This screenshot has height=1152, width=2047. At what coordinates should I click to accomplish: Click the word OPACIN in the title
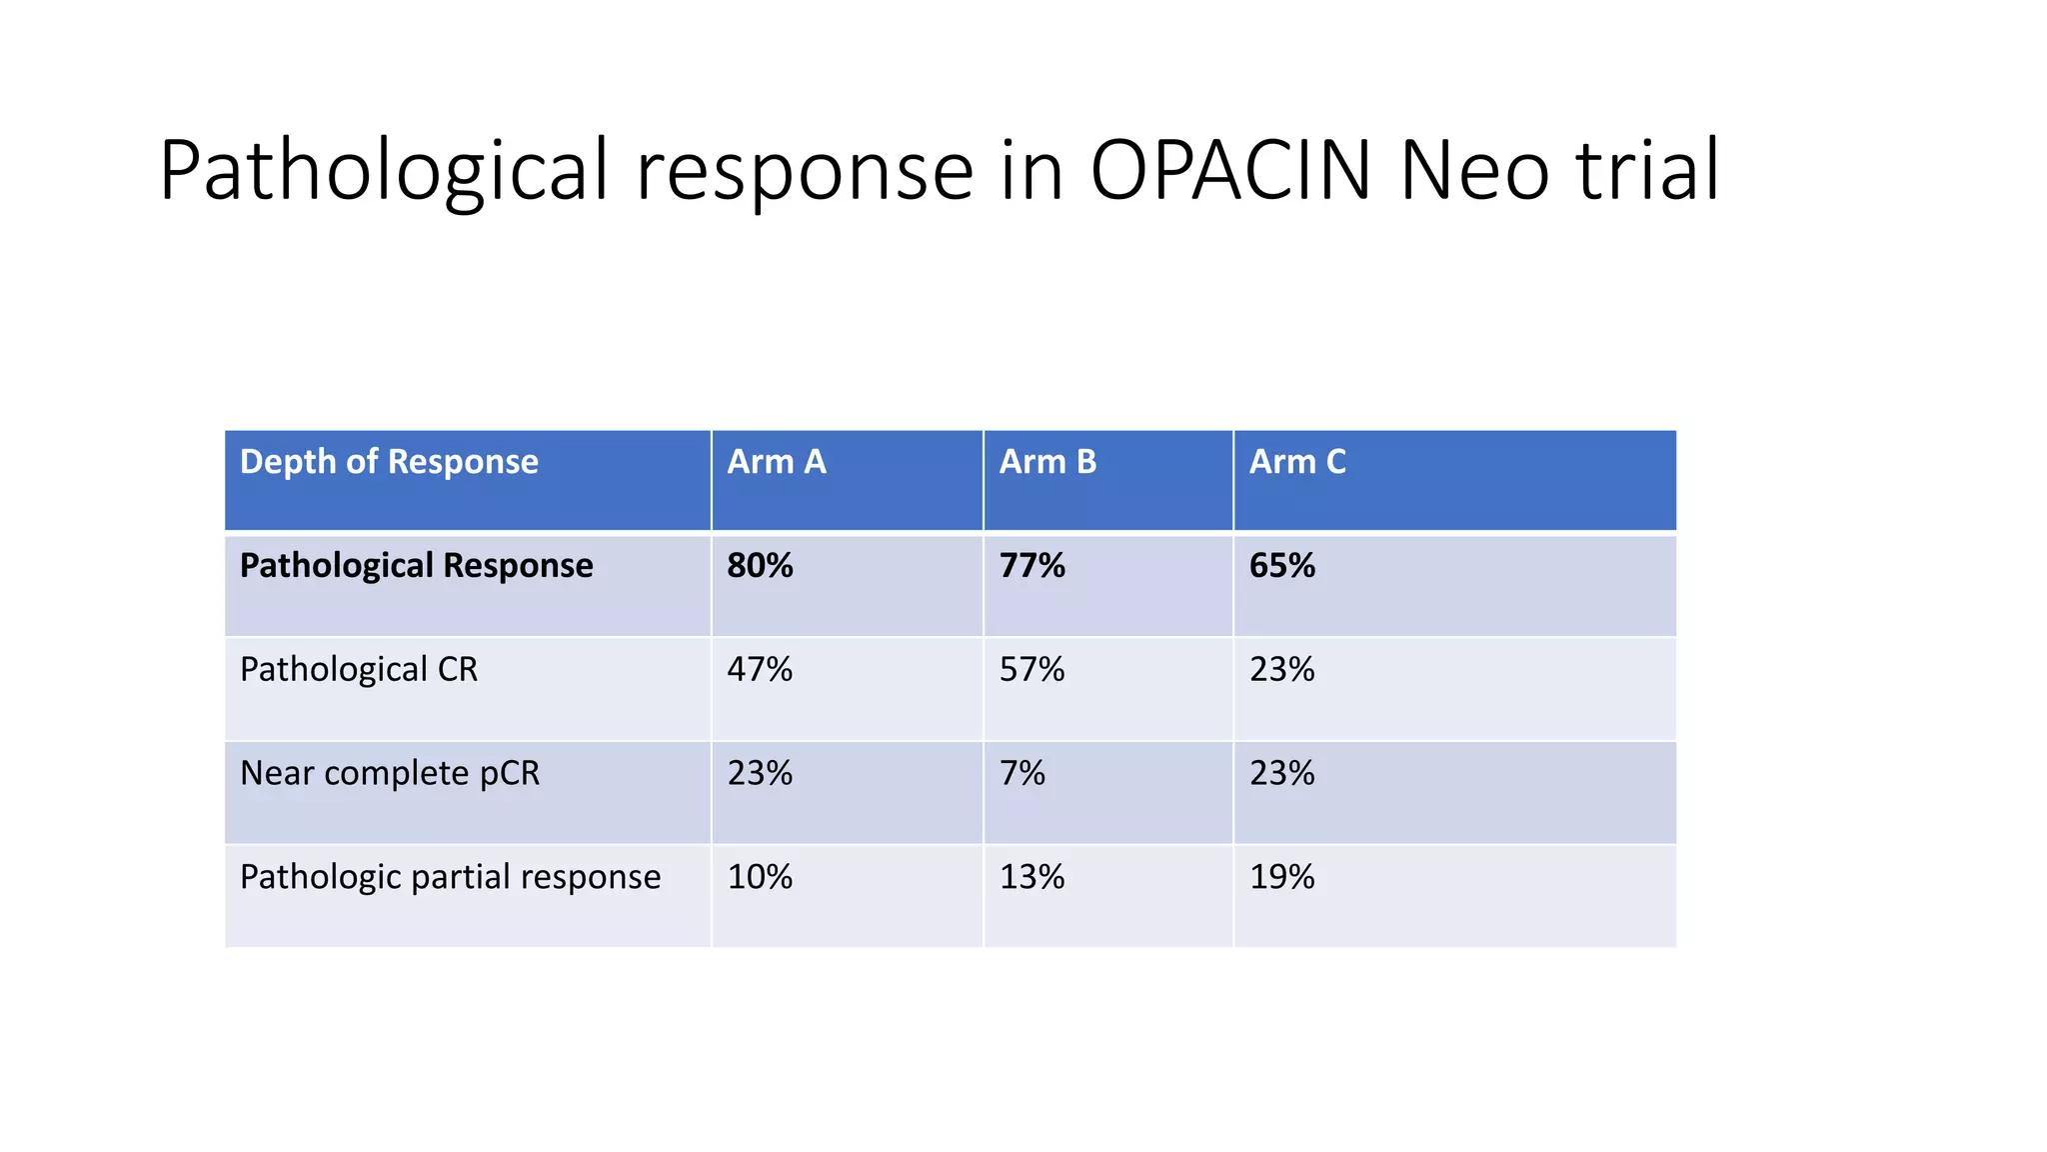[x=1230, y=170]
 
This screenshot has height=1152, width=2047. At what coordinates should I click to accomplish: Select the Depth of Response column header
[x=389, y=462]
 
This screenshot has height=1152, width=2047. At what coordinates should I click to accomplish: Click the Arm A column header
[x=777, y=462]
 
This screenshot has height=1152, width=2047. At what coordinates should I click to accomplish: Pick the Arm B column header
[x=1047, y=462]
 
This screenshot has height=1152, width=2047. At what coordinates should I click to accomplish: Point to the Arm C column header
[x=1297, y=462]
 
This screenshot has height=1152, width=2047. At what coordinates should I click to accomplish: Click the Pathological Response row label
[x=416, y=566]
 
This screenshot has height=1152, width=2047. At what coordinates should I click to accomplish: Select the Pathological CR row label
[x=359, y=669]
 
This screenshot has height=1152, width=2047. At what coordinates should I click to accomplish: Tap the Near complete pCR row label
[x=390, y=773]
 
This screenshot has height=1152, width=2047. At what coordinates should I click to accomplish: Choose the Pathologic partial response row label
[x=450, y=877]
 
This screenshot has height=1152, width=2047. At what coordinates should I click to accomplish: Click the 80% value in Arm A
[x=760, y=566]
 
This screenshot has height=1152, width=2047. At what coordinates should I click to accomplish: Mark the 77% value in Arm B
[x=1032, y=566]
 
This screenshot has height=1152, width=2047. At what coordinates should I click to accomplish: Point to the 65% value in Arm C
[x=1282, y=566]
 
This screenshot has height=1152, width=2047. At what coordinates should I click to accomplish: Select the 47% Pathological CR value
[x=760, y=669]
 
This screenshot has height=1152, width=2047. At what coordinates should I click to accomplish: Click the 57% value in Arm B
[x=1032, y=669]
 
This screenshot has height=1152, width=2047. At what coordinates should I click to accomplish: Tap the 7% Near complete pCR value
[x=1023, y=773]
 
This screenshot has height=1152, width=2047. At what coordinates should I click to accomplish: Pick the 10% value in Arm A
[x=760, y=877]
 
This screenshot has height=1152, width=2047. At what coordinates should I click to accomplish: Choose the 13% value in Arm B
[x=1032, y=877]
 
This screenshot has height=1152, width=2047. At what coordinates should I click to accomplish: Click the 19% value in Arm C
[x=1282, y=877]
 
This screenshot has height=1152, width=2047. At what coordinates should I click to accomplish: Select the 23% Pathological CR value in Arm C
[x=1282, y=669]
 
